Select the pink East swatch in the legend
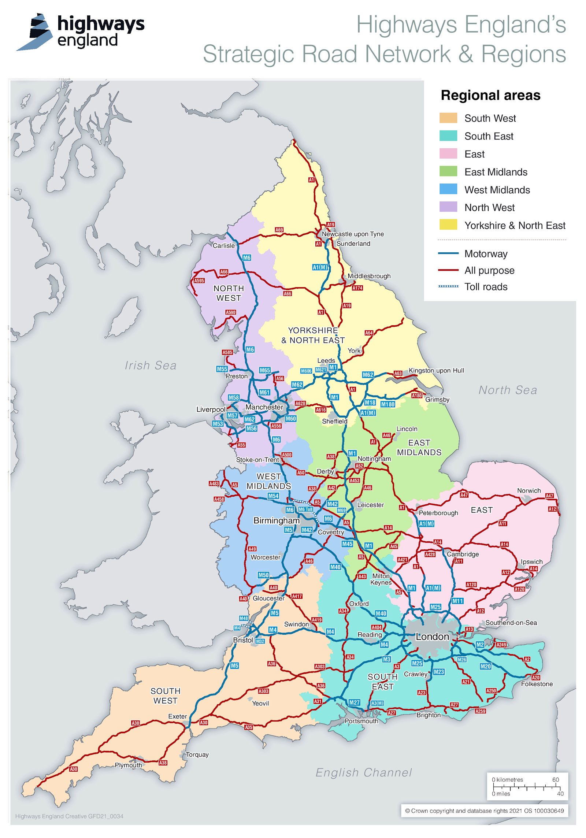[x=448, y=153]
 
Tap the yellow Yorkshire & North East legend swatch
[x=448, y=225]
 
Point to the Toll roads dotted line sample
[x=448, y=286]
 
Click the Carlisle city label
[x=223, y=245]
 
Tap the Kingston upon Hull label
[x=436, y=370]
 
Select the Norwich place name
[x=528, y=490]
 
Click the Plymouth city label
[x=128, y=765]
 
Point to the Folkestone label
[x=537, y=684]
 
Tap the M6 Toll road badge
[x=305, y=509]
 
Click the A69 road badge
[x=279, y=230]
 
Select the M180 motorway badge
[x=387, y=404]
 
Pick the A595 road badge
[x=199, y=281]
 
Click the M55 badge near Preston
[x=222, y=369]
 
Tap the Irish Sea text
[x=151, y=365]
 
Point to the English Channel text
[x=363, y=772]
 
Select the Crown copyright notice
[x=484, y=811]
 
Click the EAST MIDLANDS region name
[x=419, y=447]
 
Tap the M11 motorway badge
[x=457, y=601]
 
